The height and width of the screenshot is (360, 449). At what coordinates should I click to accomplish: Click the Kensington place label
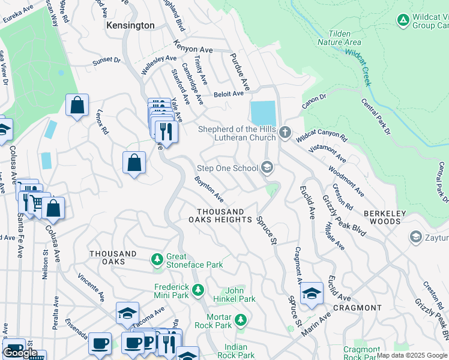click(130, 26)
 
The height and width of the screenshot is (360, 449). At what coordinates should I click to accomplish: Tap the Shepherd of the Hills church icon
click(285, 132)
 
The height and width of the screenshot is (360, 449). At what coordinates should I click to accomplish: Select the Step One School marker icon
click(268, 168)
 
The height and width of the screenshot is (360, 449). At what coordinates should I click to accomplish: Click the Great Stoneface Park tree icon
click(157, 259)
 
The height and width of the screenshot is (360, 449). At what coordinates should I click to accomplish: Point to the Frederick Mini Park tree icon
click(198, 292)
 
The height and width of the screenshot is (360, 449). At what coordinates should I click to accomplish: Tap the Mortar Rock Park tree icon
click(241, 320)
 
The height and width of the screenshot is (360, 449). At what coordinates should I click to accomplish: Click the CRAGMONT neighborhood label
click(357, 308)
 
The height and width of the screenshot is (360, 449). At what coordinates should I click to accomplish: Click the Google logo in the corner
click(20, 353)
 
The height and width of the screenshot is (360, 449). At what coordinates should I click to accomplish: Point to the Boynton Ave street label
click(209, 189)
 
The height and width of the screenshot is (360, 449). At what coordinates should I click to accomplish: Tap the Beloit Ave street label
click(229, 94)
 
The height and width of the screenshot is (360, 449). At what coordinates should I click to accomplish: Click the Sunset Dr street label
click(106, 61)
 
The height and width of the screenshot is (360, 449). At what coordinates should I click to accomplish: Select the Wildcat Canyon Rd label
click(322, 137)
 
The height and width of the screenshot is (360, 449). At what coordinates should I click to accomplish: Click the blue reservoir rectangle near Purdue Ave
click(263, 113)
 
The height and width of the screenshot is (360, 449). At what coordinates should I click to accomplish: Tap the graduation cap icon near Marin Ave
click(312, 293)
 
